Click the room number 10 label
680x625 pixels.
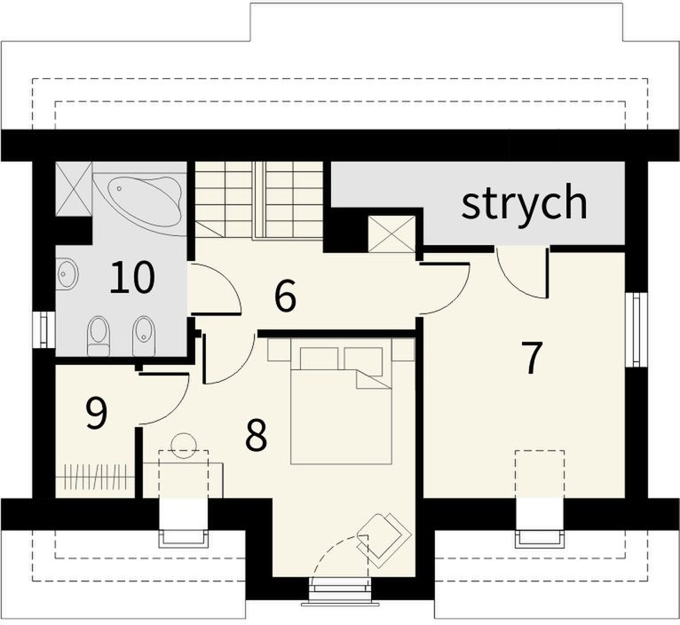click(x=132, y=278)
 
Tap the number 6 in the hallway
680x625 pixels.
click(x=285, y=296)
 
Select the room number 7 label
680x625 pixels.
click(x=532, y=358)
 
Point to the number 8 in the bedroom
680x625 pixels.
click(x=256, y=435)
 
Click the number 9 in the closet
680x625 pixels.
click(x=96, y=414)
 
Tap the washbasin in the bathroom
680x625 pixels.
click(x=67, y=273)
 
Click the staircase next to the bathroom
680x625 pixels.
click(x=259, y=199)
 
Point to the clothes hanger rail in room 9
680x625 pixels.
click(x=95, y=477)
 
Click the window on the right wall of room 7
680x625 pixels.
click(x=636, y=329)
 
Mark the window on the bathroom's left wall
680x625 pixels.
click(x=43, y=329)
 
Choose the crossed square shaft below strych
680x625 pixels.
click(x=392, y=233)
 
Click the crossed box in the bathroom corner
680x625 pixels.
click(x=74, y=189)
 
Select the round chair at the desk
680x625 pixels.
click(x=184, y=444)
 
